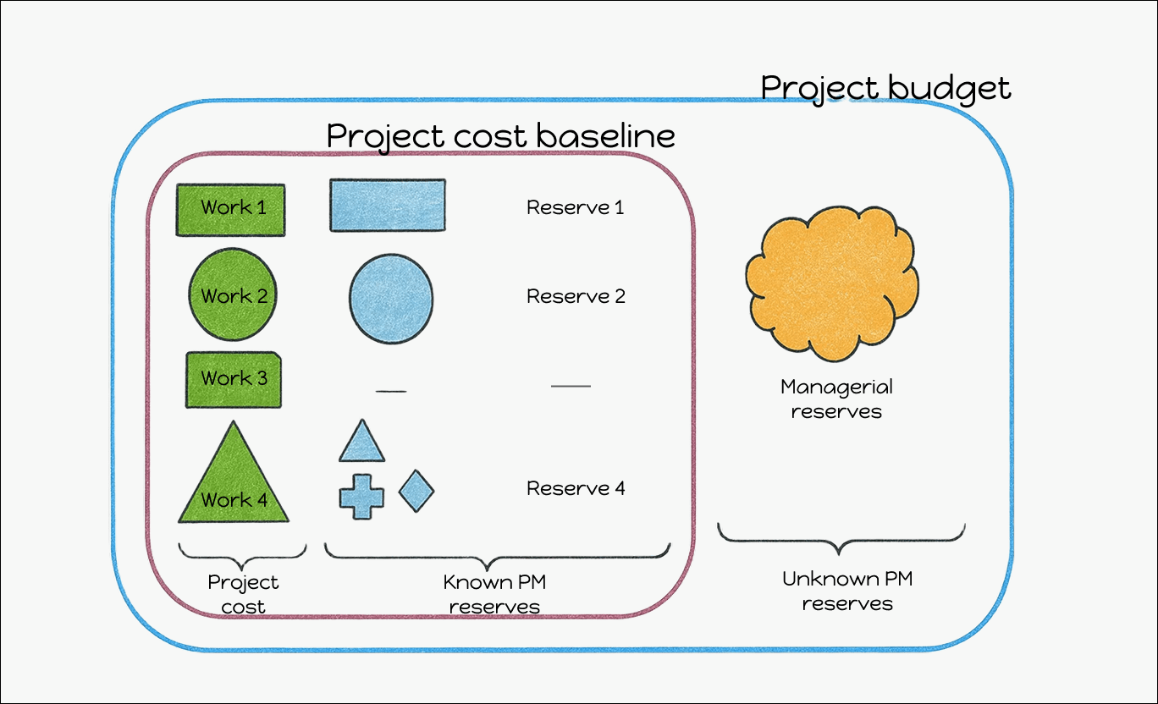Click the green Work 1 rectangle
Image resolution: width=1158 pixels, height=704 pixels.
click(230, 209)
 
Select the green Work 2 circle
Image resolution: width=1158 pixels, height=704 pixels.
click(233, 294)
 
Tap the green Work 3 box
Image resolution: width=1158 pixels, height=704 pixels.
click(234, 380)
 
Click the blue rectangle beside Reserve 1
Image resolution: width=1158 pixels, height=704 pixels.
click(388, 205)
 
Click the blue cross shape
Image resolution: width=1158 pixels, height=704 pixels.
click(361, 496)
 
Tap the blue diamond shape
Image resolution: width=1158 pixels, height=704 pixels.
click(416, 491)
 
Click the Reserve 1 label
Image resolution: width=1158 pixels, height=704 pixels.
click(576, 207)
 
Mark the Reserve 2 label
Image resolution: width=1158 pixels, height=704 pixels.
click(576, 296)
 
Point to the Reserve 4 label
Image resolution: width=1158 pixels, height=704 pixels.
click(576, 488)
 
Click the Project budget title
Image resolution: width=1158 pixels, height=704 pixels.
click(885, 88)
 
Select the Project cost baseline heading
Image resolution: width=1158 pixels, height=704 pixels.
click(500, 135)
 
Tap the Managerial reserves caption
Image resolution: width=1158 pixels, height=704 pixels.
click(836, 399)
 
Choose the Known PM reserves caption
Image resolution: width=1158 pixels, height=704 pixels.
click(494, 594)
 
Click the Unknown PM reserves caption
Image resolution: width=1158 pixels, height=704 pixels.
click(847, 591)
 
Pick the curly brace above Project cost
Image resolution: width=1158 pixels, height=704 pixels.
click(242, 554)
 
